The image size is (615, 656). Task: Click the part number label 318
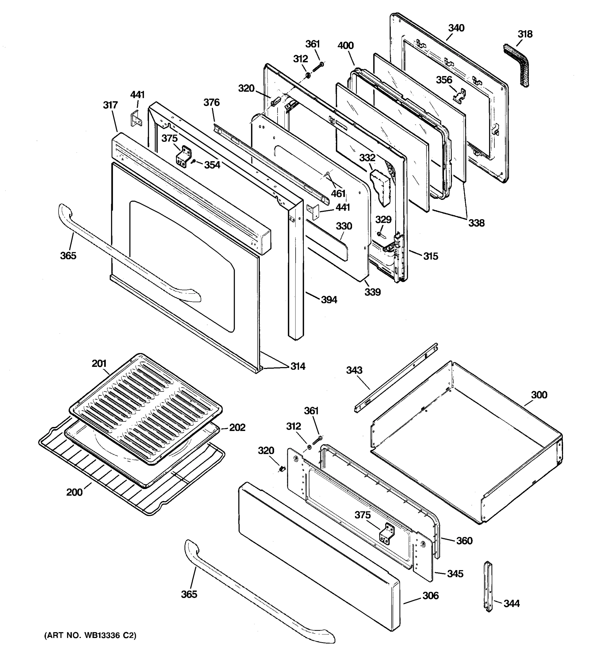(x=525, y=34)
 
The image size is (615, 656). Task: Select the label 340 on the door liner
(x=456, y=28)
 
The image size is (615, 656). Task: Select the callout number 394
(x=329, y=300)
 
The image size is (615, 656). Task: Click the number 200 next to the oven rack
(x=74, y=492)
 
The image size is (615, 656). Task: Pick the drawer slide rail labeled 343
(x=396, y=378)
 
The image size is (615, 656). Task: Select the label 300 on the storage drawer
(x=539, y=395)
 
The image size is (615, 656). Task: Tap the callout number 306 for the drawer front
(x=430, y=596)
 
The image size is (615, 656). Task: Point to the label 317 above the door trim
(x=110, y=105)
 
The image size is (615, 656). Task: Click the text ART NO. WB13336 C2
(x=90, y=635)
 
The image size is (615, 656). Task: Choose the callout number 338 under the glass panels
(x=476, y=223)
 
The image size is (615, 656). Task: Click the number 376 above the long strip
(x=212, y=102)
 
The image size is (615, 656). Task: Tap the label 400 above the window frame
(x=345, y=46)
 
